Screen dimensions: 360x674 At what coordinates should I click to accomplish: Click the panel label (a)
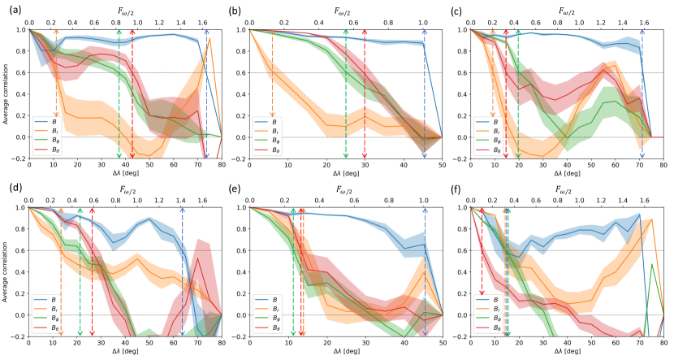point(8,10)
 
